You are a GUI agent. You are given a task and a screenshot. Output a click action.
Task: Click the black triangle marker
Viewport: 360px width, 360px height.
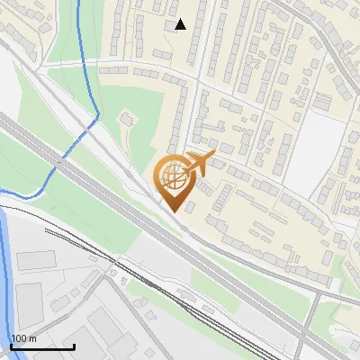(x=181, y=24)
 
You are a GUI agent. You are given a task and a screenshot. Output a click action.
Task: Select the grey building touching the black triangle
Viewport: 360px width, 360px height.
(x=171, y=25)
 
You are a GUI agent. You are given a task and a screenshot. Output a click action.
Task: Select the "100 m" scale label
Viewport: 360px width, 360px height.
(x=24, y=338)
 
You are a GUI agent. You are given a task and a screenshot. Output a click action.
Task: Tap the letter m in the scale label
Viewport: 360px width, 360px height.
(x=33, y=338)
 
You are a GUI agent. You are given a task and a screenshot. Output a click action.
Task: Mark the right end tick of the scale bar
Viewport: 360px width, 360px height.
(x=74, y=345)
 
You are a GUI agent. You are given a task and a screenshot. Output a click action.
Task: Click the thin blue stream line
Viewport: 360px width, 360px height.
(x=83, y=54)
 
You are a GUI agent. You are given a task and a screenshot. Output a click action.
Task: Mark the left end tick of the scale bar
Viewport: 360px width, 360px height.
(x=12, y=345)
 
